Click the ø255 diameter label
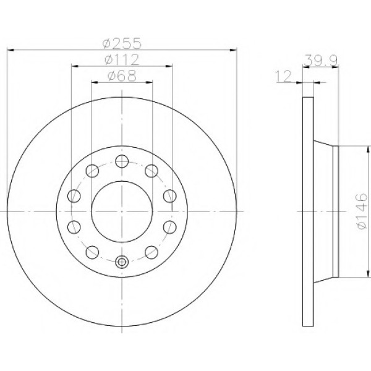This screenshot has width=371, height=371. (x=122, y=43)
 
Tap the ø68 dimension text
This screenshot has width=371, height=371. (x=122, y=75)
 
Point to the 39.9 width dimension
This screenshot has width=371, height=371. (x=320, y=61)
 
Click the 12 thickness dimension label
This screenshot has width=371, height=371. (x=284, y=77)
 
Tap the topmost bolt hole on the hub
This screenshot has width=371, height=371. (x=122, y=161)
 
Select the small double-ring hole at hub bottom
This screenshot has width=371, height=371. (x=122, y=262)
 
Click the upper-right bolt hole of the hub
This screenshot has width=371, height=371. (x=151, y=171)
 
